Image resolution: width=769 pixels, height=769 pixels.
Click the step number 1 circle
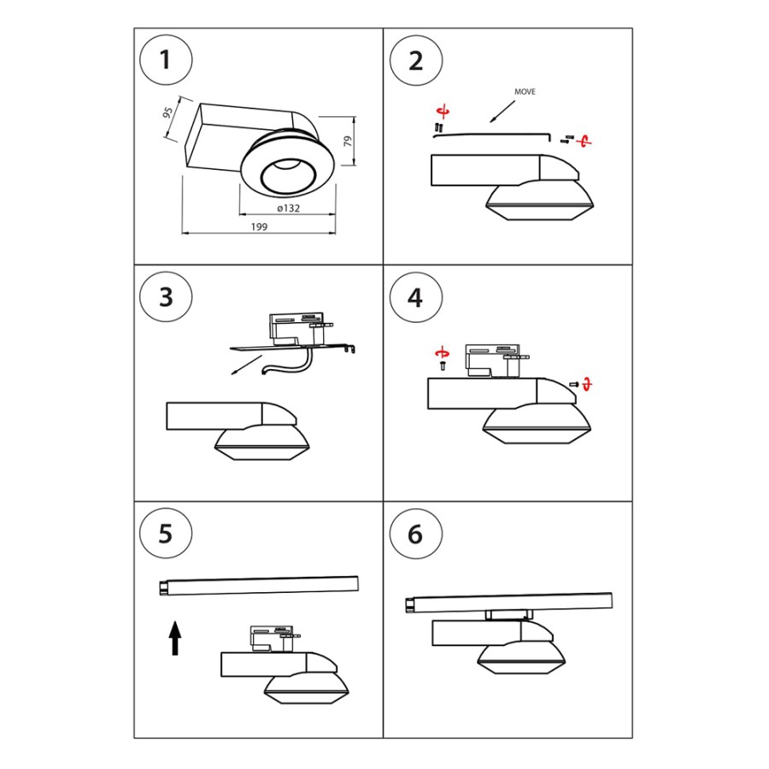click(x=166, y=61)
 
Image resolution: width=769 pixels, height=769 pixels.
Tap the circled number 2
click(x=415, y=61)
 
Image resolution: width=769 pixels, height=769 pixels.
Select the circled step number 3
click(x=166, y=296)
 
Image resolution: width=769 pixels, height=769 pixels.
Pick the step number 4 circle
click(x=415, y=296)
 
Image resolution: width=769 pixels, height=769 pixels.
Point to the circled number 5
click(x=166, y=533)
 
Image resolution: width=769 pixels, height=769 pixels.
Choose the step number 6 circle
click(x=415, y=533)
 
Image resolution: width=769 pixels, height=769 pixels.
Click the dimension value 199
click(x=260, y=226)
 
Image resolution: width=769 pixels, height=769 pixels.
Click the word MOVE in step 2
click(x=525, y=91)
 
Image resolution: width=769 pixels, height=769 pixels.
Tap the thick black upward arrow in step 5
click(x=175, y=637)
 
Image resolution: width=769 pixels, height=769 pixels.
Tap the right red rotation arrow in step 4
click(x=587, y=384)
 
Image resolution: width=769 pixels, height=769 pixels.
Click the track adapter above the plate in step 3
click(x=299, y=326)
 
